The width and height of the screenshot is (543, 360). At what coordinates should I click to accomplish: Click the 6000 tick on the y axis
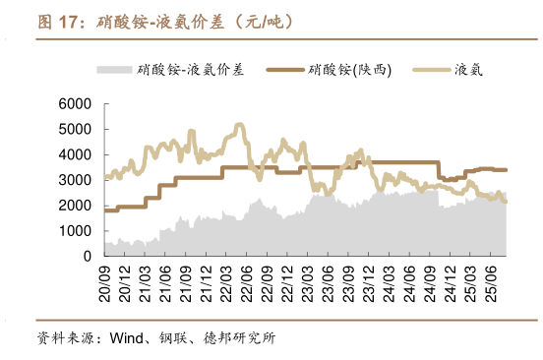[76, 104]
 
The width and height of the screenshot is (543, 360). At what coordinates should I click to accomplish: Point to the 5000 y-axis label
[76, 130]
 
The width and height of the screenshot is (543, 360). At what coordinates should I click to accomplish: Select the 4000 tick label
[76, 154]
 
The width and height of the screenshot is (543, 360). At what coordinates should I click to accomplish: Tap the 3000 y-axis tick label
[76, 180]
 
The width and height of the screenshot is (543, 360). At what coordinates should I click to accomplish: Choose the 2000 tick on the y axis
[76, 206]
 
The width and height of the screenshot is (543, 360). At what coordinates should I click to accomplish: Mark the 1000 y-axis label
[76, 231]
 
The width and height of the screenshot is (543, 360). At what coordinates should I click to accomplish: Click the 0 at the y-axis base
[87, 256]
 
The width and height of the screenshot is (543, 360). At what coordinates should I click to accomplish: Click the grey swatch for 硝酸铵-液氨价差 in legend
[114, 70]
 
